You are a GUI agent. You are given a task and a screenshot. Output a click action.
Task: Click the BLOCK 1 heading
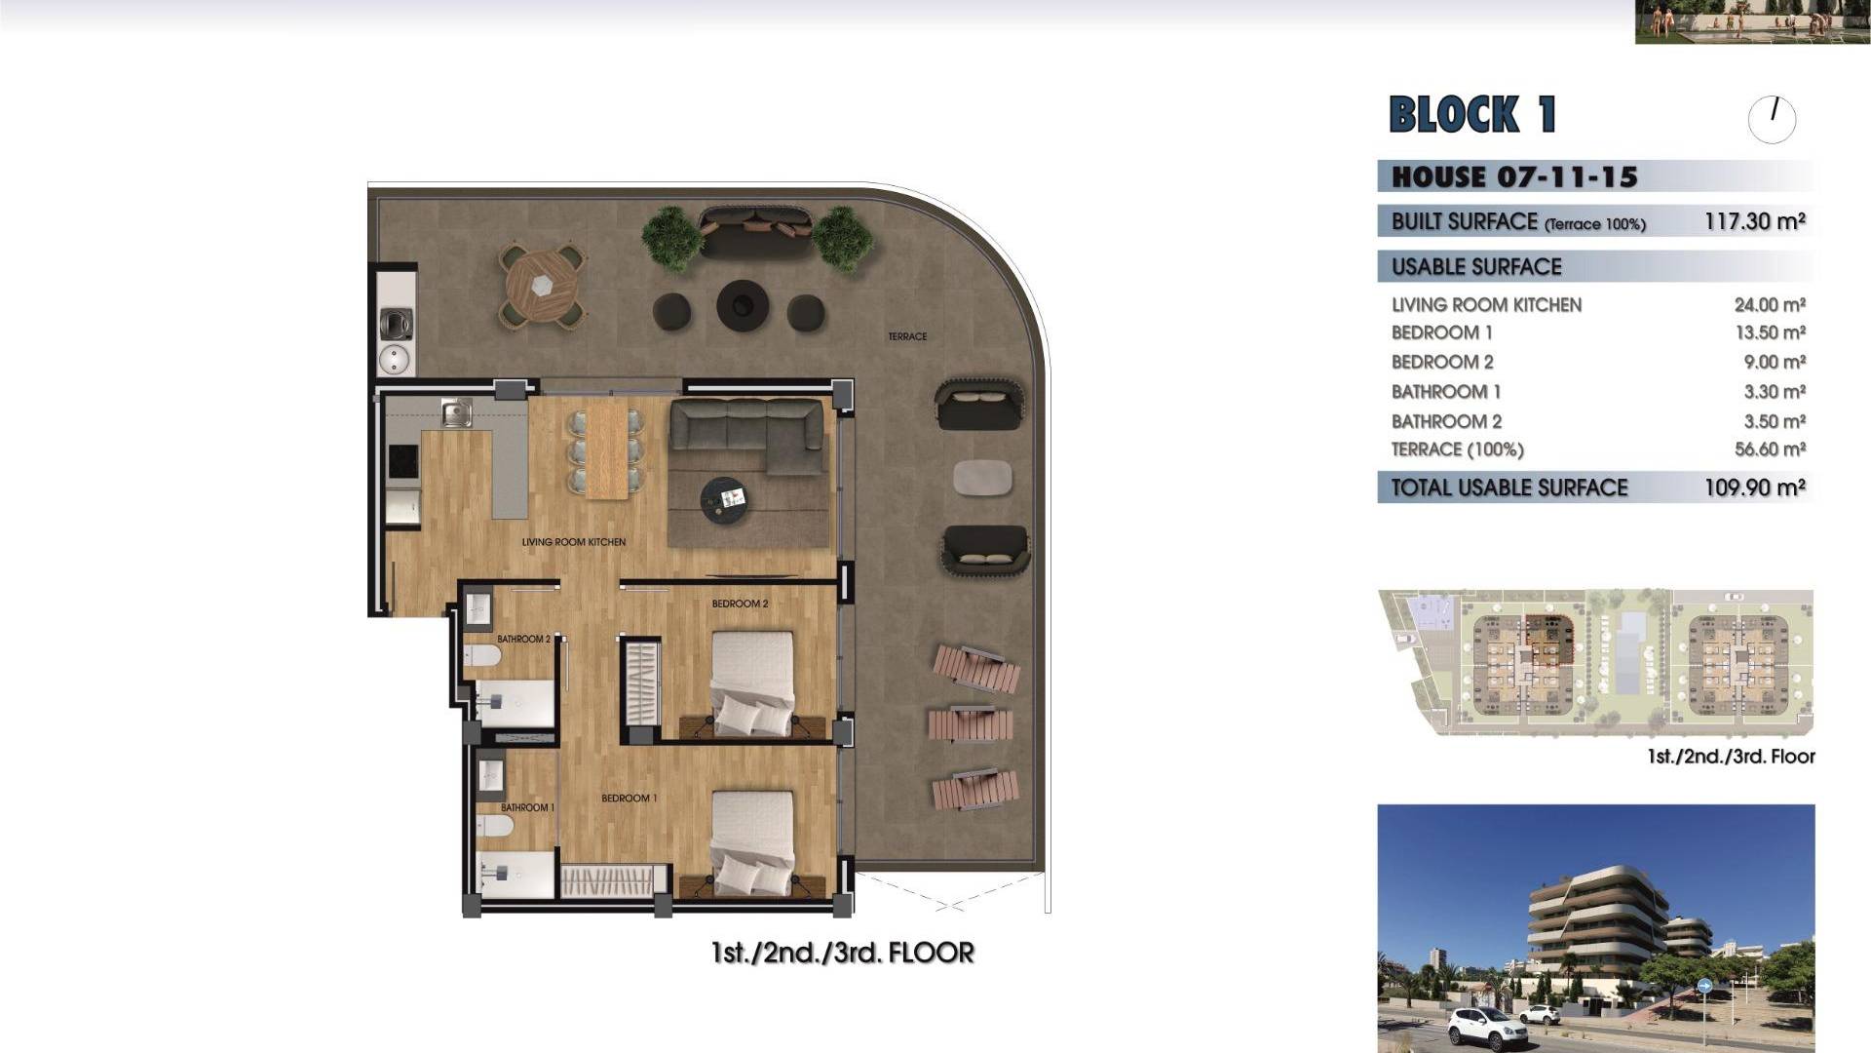pos(1472,114)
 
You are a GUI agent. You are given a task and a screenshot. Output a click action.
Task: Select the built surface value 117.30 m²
pos(1754,221)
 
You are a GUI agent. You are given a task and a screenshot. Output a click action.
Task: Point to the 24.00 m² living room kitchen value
pos(1770,305)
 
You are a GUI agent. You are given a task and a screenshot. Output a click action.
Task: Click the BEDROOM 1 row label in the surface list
pos(1441,332)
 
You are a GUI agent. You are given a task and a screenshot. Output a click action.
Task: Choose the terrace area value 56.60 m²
pos(1770,449)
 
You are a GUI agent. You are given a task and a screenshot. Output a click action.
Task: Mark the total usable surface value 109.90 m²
pos(1754,487)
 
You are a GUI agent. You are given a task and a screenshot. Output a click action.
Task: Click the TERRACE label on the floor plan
pos(907,336)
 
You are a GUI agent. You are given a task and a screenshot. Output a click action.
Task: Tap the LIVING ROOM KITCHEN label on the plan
pos(574,542)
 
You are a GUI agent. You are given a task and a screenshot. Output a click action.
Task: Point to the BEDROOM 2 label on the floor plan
pos(740,604)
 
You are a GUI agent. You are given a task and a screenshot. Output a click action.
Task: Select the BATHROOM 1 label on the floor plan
pos(527,807)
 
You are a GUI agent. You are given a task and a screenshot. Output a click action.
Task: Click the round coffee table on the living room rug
pos(724,500)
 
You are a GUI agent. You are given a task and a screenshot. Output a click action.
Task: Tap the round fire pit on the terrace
pos(743,305)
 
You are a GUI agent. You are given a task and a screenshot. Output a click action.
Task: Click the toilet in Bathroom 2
pos(483,654)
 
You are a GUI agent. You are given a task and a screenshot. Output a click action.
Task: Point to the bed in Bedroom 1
pos(751,843)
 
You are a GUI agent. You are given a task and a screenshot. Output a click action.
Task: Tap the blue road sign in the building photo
pos(1704,987)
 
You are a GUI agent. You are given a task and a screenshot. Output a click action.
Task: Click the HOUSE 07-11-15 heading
pos(1514,176)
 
